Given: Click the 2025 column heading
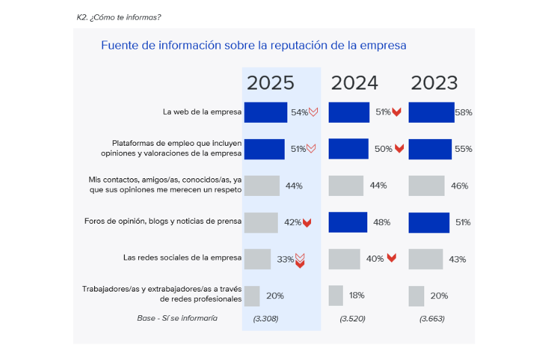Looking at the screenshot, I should point(270,83).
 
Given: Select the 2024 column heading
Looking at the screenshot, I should point(354,83).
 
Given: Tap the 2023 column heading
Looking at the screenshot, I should point(434,83).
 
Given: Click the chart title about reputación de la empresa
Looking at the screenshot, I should point(253,46).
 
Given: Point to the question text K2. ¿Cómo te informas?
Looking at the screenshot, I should point(119,17).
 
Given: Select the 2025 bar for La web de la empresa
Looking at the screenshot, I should point(265,113).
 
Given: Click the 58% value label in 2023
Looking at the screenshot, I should point(464,113).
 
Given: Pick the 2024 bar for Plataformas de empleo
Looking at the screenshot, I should point(348,149).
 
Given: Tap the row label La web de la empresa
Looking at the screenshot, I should point(202,113).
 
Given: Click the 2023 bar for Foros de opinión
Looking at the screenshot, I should point(429,222).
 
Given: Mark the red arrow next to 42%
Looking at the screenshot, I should point(307,222).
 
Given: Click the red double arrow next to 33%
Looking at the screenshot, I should point(300,260).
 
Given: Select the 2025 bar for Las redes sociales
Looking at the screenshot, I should point(257,259).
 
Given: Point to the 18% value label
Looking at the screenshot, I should point(356,296).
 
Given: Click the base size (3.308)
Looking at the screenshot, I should point(266,319).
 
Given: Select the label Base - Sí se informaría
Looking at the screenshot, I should point(177,318).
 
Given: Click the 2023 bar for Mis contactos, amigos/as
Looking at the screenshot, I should point(426,186).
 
